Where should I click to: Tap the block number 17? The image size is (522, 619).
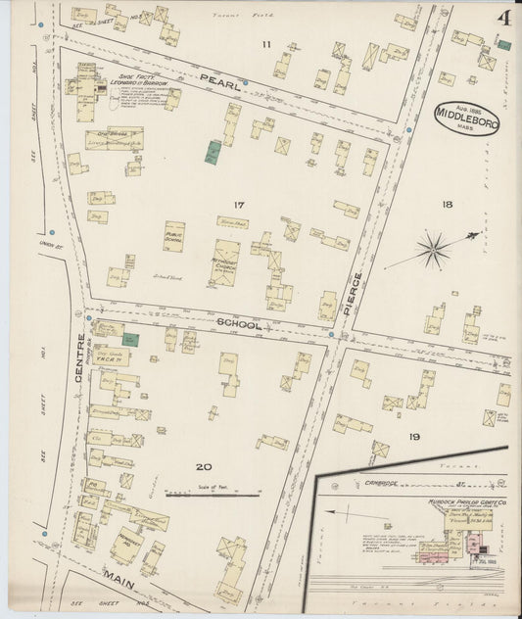coord(238,205)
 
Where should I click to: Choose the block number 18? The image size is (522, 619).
coord(447,205)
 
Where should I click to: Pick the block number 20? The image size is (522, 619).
coord(203,466)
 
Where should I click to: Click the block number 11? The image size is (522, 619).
coord(265,45)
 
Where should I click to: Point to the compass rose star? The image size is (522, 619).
coord(432,249)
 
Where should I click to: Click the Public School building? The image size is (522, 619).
coord(174,236)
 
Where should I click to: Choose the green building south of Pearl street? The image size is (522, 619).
coord(213,152)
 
